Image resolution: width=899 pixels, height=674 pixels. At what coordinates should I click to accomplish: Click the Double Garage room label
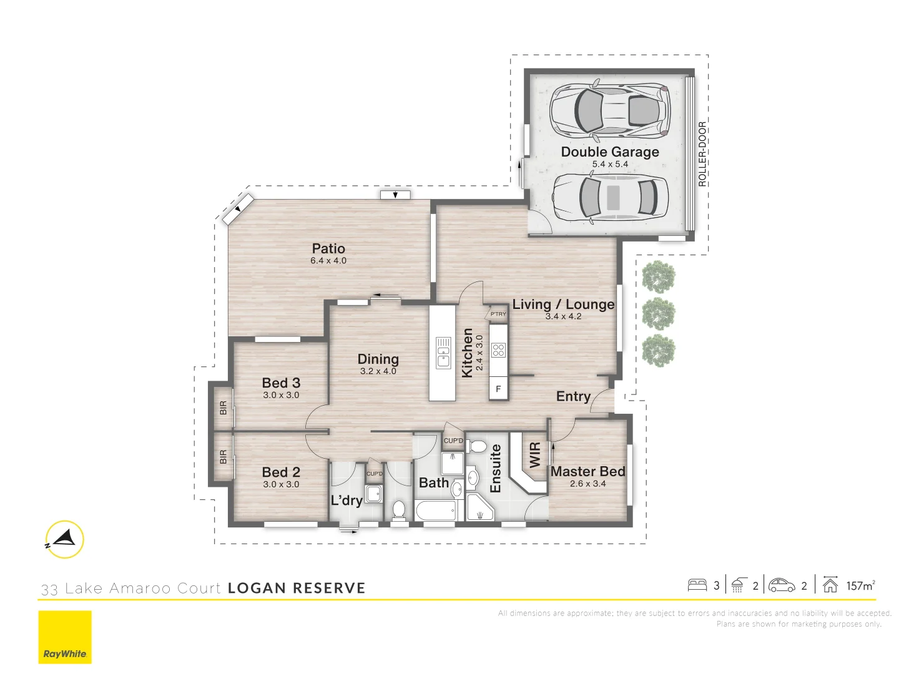click(609, 152)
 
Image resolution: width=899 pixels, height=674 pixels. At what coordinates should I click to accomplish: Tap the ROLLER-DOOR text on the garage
click(702, 154)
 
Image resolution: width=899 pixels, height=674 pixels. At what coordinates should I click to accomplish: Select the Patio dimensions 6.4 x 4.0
click(328, 261)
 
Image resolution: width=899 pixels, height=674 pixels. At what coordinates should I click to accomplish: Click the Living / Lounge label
click(563, 305)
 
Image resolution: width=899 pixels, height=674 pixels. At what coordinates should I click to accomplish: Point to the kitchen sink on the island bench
click(443, 353)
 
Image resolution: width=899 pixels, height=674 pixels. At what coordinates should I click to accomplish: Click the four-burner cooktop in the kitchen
click(498, 350)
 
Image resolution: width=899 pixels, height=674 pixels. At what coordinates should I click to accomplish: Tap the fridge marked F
click(498, 389)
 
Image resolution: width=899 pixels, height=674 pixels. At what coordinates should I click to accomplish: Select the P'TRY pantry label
click(498, 314)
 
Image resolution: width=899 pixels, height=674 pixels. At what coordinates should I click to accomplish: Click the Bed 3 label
click(281, 383)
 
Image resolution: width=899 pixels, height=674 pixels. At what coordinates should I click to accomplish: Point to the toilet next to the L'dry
click(398, 510)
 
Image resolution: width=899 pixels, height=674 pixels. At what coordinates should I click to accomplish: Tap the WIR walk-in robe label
click(535, 455)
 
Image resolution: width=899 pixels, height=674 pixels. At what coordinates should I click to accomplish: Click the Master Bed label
click(587, 472)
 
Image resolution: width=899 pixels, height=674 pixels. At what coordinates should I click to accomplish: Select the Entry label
click(573, 396)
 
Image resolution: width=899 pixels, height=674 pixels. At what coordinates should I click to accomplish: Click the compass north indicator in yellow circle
click(64, 539)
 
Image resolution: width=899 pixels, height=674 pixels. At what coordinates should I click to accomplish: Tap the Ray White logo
click(65, 637)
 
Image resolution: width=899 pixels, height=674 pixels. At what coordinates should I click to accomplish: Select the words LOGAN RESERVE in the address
click(297, 588)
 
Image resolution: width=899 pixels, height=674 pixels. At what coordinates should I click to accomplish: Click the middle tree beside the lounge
click(659, 313)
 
